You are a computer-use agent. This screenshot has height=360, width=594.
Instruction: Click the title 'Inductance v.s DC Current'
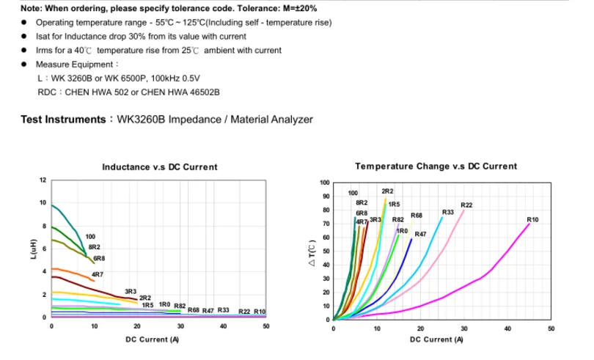[x=160, y=167]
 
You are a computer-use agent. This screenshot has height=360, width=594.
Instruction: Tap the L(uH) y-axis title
[x=34, y=249]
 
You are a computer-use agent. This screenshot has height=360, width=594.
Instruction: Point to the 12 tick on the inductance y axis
[x=43, y=180]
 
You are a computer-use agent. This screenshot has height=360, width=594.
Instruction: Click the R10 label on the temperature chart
[x=532, y=219]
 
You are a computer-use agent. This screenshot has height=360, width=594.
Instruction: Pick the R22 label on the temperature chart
[x=466, y=205]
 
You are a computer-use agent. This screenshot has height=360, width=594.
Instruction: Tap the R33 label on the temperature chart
[x=447, y=212]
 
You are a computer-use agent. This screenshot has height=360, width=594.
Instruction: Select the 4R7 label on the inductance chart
[x=97, y=274]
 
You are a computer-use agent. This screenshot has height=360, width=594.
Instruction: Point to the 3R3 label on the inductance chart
[x=131, y=291]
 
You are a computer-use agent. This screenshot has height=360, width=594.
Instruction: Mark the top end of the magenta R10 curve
[x=529, y=224]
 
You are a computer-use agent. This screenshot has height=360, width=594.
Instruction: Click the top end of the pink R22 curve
[x=463, y=210]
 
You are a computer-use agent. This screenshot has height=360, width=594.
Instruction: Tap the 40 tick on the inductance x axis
[x=223, y=326]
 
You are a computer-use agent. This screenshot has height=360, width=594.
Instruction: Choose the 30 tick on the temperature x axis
[x=463, y=328]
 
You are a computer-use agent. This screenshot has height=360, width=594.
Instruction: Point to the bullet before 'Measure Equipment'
[x=25, y=64]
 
